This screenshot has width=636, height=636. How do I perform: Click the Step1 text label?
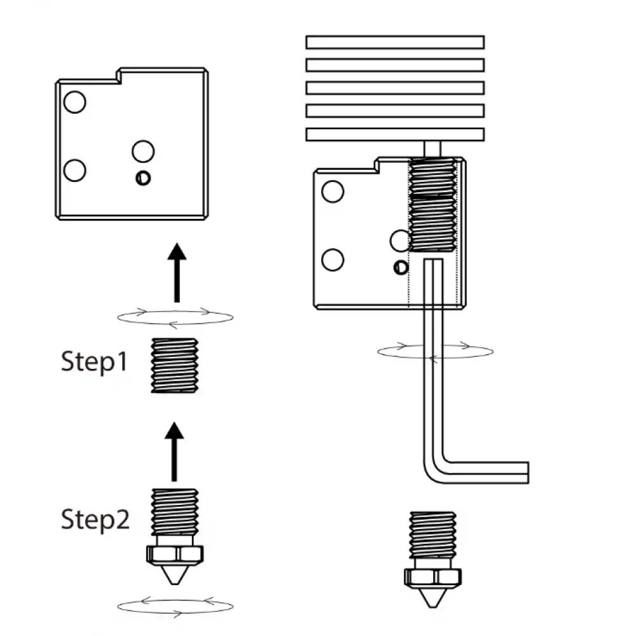pos(94,362)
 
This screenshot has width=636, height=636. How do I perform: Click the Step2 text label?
pos(95,519)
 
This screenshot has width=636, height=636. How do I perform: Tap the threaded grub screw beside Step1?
pos(175,365)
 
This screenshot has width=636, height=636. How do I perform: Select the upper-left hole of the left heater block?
pos(75,102)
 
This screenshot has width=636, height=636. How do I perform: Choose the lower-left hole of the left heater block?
pos(75,170)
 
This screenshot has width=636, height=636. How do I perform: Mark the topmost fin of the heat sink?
pos(394,42)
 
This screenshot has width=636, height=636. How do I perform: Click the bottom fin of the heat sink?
pos(394,134)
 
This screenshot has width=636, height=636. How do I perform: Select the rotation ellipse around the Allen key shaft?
pos(434,351)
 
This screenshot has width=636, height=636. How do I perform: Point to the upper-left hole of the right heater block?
pos(333,191)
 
